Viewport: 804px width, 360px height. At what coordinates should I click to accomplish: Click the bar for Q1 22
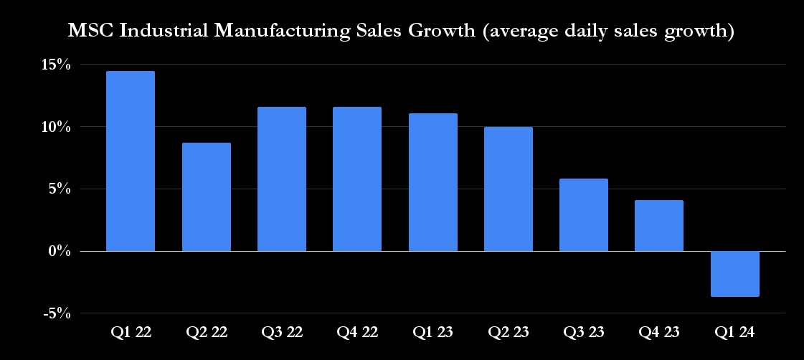pyautogui.click(x=131, y=161)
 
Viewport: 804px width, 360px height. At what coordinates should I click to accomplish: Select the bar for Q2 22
pyautogui.click(x=207, y=197)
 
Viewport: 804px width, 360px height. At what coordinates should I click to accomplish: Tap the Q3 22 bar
pyautogui.click(x=282, y=179)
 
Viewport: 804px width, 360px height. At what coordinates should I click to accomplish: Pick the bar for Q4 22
pyautogui.click(x=357, y=179)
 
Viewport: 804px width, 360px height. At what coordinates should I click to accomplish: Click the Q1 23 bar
pyautogui.click(x=433, y=182)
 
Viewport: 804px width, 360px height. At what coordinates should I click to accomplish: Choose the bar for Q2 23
pyautogui.click(x=509, y=189)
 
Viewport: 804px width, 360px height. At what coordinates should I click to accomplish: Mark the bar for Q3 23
pyautogui.click(x=584, y=215)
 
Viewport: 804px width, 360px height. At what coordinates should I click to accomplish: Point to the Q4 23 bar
pyautogui.click(x=659, y=226)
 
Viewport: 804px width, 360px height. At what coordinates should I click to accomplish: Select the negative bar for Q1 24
pyautogui.click(x=735, y=273)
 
